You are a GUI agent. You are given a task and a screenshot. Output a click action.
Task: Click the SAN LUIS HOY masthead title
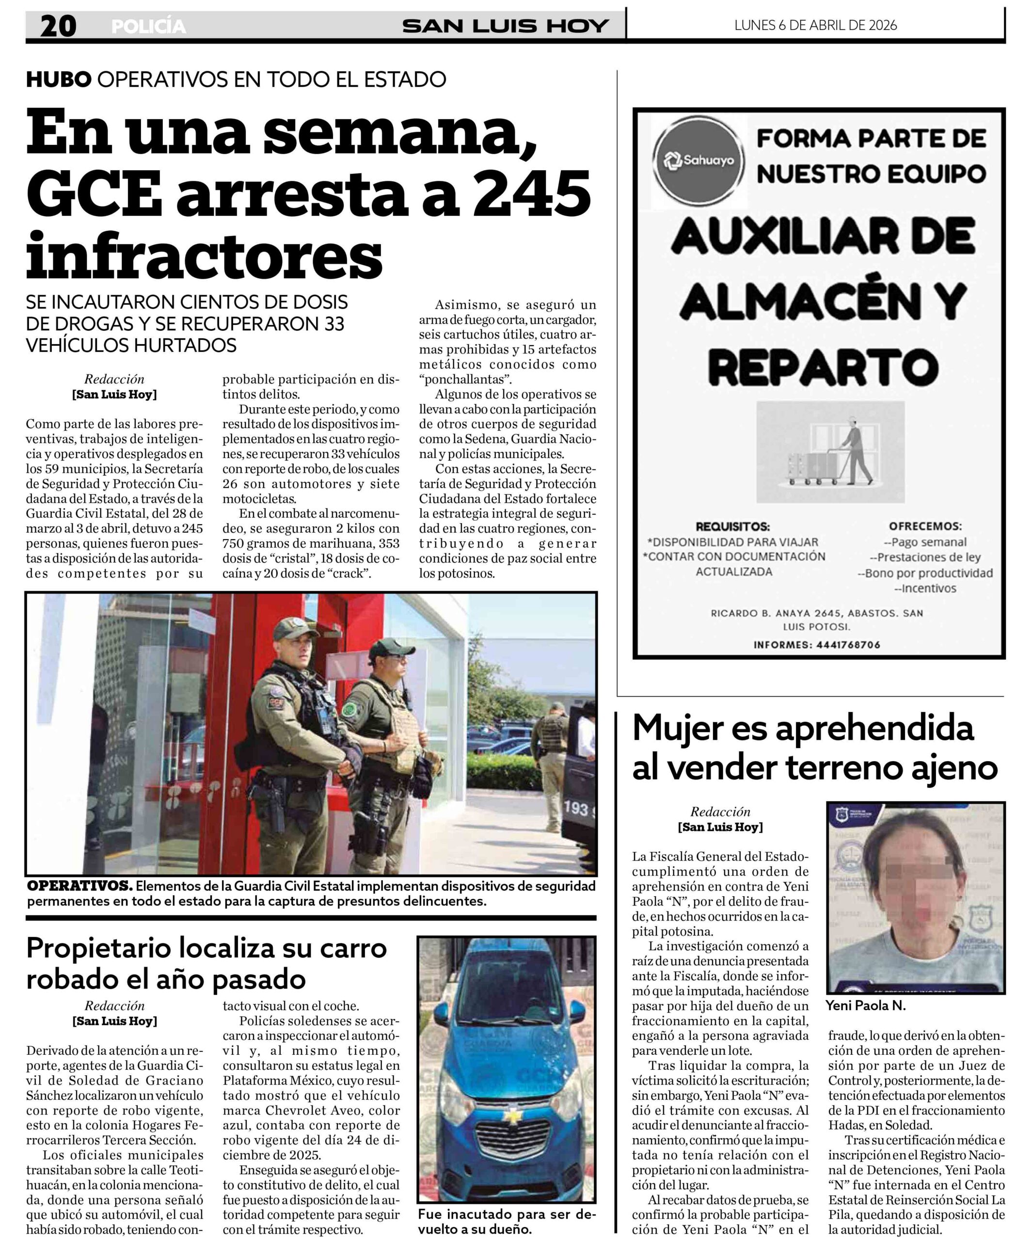pos(506,26)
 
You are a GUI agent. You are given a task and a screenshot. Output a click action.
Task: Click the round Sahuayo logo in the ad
pos(699,159)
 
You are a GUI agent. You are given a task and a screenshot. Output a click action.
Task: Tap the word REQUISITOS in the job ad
pos(732,526)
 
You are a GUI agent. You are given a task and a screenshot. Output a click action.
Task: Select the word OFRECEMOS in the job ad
pos(925,526)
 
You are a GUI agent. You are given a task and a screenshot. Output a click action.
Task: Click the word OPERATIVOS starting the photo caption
pos(79,886)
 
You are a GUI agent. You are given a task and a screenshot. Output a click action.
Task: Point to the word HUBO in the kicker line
pos(58,79)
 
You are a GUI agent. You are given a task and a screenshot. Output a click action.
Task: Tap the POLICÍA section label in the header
pos(148,27)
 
